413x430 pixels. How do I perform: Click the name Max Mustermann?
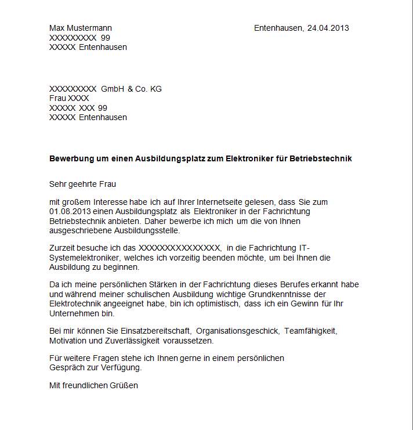tap(81, 28)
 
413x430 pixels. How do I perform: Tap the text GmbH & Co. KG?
tap(131, 89)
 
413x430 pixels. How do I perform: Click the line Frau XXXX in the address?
tap(69, 98)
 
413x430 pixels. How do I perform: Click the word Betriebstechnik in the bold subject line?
tap(323, 158)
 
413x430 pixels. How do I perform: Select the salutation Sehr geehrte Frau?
tap(83, 184)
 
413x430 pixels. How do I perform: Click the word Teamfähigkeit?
tap(310, 331)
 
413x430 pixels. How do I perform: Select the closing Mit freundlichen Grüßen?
tap(94, 385)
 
